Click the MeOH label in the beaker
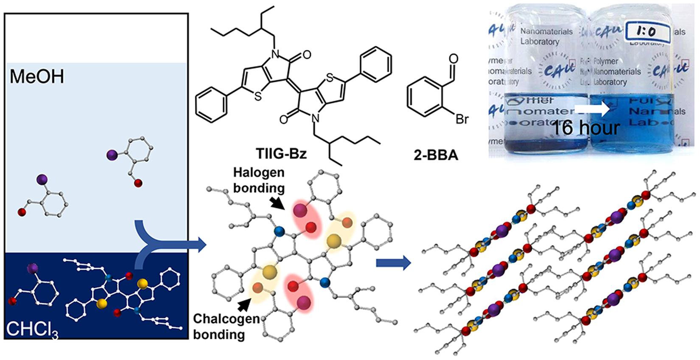coord(37,77)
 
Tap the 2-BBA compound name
coord(436,155)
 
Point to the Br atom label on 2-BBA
coord(462,119)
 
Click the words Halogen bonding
coord(259,180)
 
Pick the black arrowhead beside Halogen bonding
coord(278,203)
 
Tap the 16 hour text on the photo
coord(586,127)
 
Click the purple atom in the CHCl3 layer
coord(32,268)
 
